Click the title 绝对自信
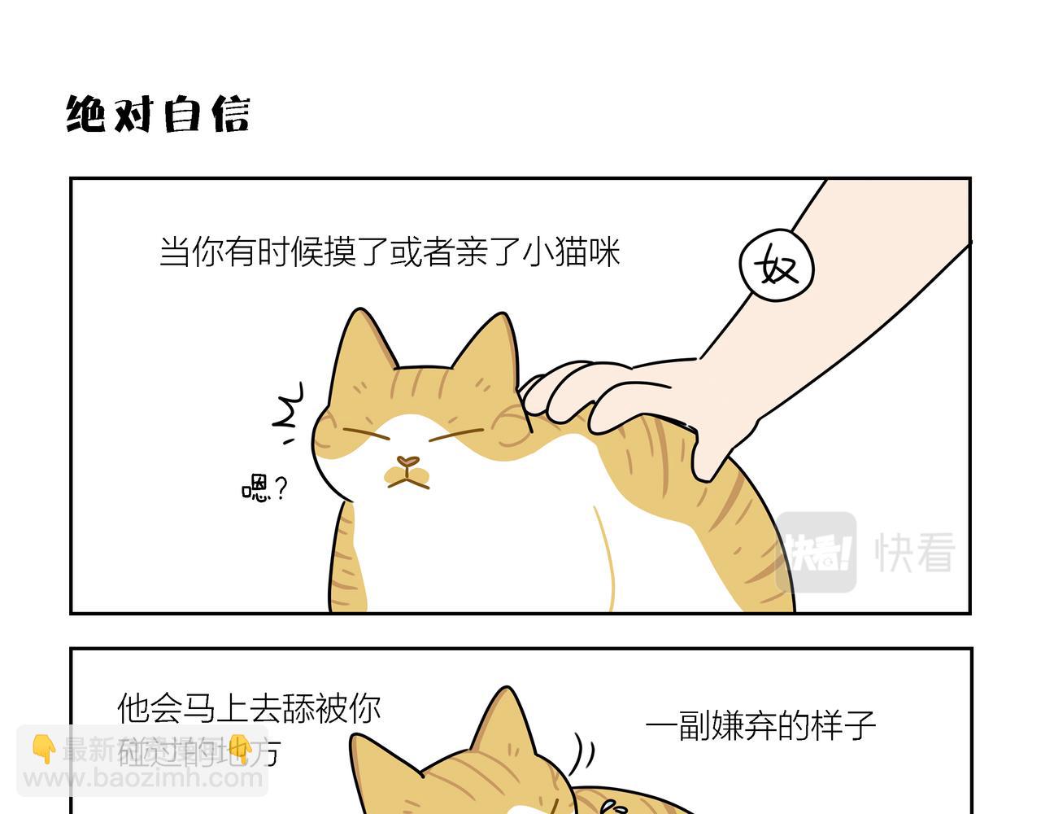[158, 114]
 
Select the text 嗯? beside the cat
[265, 488]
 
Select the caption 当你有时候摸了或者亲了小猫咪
[390, 252]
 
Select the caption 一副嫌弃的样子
[760, 724]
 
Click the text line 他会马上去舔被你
[249, 708]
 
